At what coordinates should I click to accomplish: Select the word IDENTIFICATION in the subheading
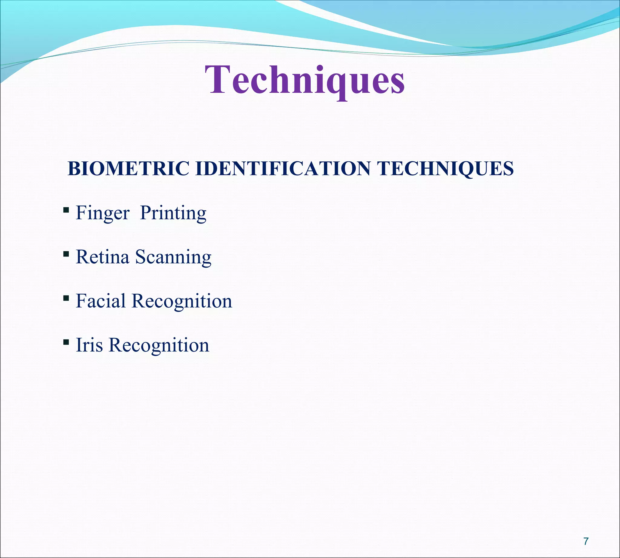[x=282, y=168]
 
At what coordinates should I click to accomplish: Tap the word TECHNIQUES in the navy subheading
[x=445, y=168]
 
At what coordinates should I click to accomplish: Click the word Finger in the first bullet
[x=102, y=213]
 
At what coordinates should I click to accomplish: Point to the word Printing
[x=173, y=213]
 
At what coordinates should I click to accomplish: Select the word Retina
[x=102, y=257]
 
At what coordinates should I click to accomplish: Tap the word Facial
[x=101, y=301]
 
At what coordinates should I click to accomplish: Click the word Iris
[x=89, y=345]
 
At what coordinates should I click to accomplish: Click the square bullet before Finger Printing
[x=66, y=210]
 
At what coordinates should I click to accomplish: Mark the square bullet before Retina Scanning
[x=66, y=254]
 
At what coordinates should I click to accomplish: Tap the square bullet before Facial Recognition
[x=66, y=298]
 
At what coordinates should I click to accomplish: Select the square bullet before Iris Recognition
[x=66, y=342]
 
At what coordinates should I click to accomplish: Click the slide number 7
[x=586, y=541]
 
